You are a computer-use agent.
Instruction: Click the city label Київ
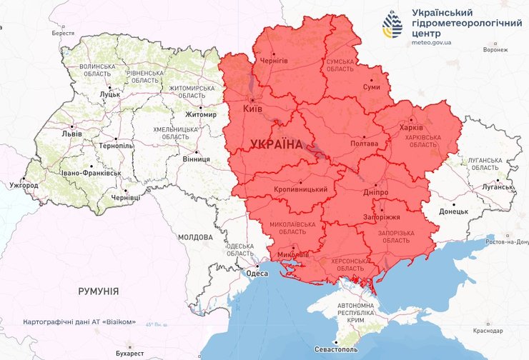point(253,109)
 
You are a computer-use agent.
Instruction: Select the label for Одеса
point(257,273)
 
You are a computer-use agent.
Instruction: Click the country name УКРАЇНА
point(277,144)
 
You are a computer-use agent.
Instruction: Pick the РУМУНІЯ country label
point(99,291)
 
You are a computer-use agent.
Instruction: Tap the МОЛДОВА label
point(195,237)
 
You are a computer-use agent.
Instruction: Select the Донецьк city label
point(453,211)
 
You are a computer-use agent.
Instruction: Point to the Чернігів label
point(272,61)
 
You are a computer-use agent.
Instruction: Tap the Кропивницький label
point(301,189)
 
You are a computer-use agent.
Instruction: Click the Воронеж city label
point(495,50)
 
